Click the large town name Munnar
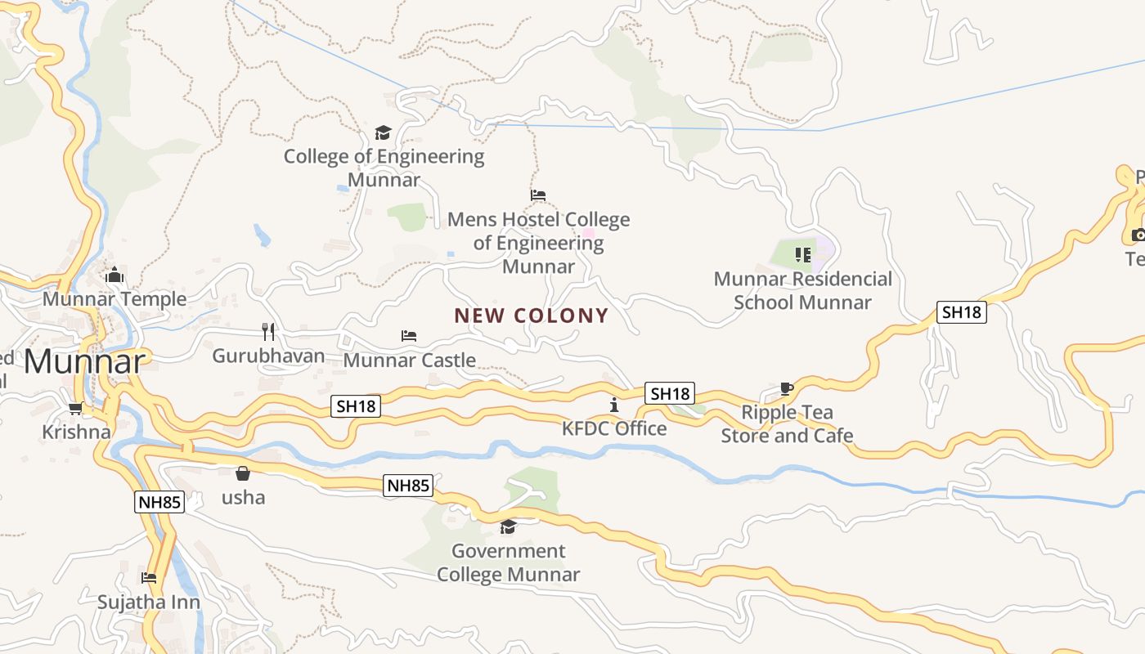tap(85, 361)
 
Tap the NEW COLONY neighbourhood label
tap(532, 316)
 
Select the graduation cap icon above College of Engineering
tap(383, 132)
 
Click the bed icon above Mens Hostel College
tap(537, 195)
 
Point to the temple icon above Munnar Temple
tap(114, 275)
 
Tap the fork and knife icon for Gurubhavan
tap(268, 331)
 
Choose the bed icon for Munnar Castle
tap(409, 336)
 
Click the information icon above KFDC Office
tap(614, 405)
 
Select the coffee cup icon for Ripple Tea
tap(786, 388)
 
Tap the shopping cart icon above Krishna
tap(76, 408)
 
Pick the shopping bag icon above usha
tap(243, 473)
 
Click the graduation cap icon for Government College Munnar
tap(508, 526)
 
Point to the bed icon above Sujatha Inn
tap(148, 578)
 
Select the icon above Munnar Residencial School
tap(802, 255)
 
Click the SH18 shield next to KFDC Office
tap(670, 393)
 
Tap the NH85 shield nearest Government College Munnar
tap(408, 486)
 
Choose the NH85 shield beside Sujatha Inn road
tap(159, 502)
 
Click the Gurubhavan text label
tap(268, 356)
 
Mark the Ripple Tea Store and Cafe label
tap(787, 424)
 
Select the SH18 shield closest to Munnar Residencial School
tap(961, 311)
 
